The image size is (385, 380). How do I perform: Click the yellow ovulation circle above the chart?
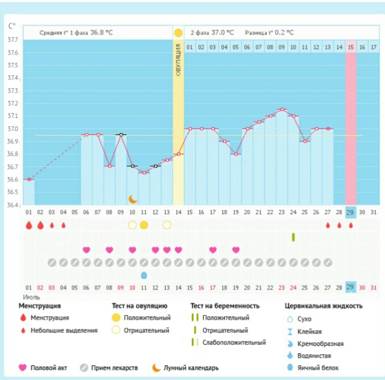178,32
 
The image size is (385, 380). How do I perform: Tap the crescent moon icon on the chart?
132,199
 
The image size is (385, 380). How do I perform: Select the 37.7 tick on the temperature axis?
12,40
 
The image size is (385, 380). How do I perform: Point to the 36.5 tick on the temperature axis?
12,192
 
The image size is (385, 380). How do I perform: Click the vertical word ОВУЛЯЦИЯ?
178,60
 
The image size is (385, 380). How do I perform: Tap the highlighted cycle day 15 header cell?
351,47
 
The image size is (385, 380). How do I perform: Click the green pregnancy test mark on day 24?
293,237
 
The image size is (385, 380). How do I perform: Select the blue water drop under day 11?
144,275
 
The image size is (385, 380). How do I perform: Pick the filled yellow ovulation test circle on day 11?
144,225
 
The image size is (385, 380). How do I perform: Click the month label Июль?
31,297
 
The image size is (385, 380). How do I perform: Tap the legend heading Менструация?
44,306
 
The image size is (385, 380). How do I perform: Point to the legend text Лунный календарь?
191,368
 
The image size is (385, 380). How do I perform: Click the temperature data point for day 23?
282,109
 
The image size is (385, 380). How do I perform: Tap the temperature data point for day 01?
28,179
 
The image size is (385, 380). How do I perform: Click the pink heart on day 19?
236,250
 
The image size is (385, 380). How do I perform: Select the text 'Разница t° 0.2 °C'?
270,32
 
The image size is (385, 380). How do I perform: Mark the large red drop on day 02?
40,225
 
